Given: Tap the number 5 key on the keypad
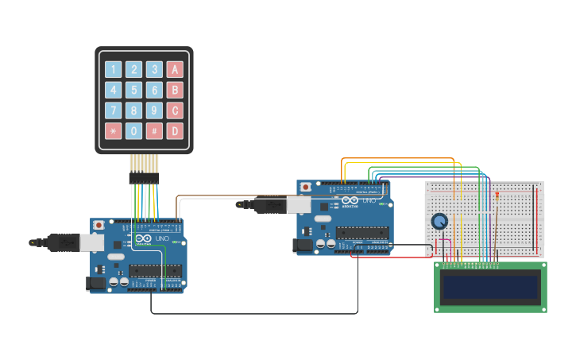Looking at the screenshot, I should pos(134,90).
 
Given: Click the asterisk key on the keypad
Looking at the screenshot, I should pos(114,131).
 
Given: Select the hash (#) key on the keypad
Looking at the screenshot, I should pos(154,131).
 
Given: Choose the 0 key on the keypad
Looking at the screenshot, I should pos(134,131).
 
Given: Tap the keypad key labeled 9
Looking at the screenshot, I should pos(154,110).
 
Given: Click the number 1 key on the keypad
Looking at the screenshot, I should pos(114,69).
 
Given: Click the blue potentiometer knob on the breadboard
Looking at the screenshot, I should pos(439,222).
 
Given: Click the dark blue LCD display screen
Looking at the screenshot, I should pos(490,287).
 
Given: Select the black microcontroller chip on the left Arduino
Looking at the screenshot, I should pos(155,270).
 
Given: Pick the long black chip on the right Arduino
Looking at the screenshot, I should pos(361,233).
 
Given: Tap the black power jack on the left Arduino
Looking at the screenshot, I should pos(95,282).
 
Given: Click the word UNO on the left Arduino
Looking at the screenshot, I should pos(161,238).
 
